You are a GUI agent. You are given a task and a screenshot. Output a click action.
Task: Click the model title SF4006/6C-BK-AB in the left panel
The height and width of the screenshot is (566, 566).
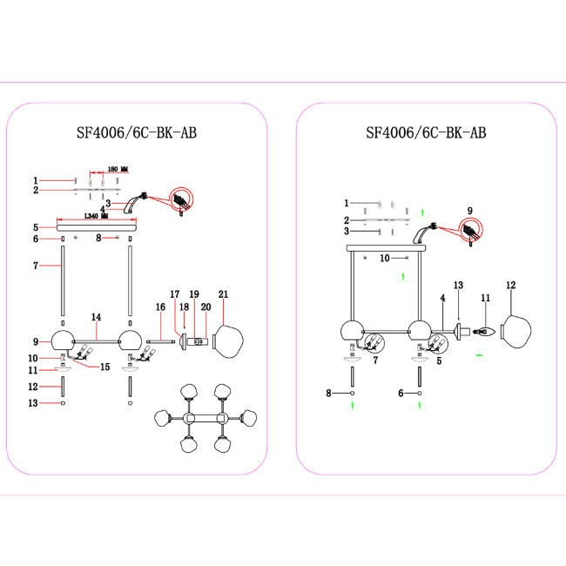(136, 133)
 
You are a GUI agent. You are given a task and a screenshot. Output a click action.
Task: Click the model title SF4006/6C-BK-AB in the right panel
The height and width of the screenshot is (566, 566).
(425, 133)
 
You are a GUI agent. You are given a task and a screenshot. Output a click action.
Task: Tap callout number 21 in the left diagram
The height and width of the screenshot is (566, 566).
(223, 294)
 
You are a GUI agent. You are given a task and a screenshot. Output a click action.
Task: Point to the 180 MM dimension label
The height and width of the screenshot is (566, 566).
(118, 169)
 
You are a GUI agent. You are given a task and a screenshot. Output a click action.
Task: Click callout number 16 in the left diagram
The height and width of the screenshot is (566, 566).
(160, 307)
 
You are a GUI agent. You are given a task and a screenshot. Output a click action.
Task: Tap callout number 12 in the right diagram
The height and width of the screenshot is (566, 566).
(511, 285)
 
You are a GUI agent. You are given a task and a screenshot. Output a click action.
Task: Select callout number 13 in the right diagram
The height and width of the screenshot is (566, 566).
(458, 285)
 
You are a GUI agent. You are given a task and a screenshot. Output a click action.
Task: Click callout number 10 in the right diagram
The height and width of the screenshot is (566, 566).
(384, 258)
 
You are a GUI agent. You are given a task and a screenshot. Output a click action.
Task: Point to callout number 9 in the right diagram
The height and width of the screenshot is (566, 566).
(468, 210)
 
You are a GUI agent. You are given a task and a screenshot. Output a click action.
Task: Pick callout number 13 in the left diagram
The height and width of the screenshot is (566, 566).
(35, 402)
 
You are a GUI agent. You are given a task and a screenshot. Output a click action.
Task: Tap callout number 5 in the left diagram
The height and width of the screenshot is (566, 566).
(35, 226)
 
